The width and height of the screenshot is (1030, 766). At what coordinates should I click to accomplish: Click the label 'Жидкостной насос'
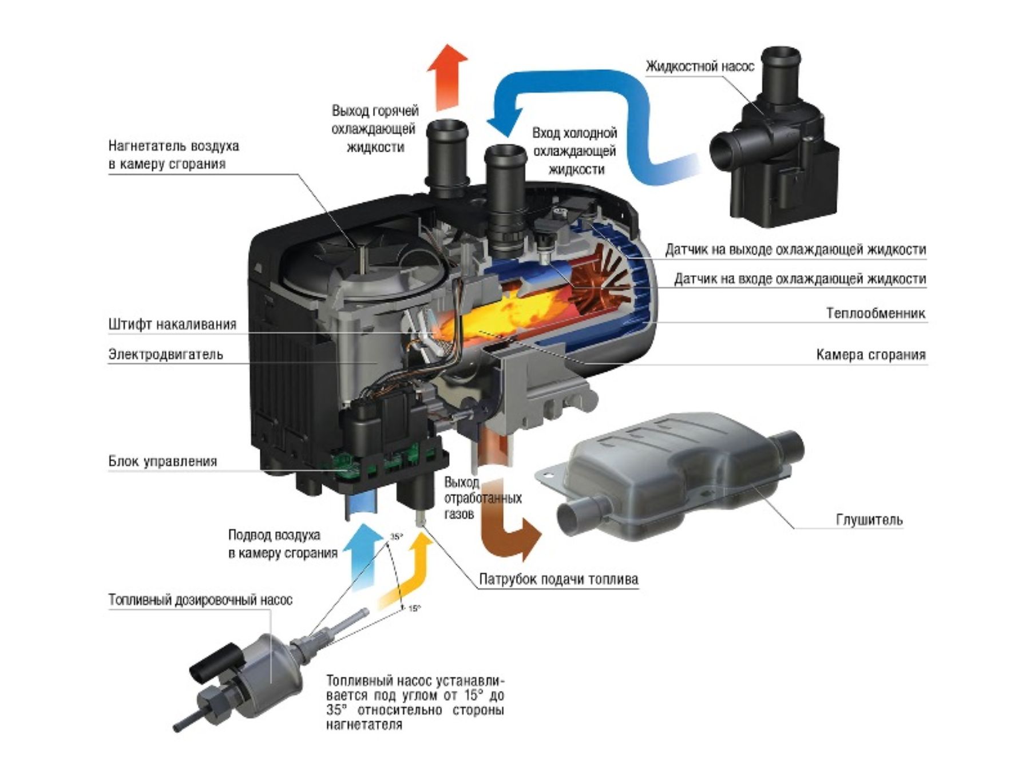[700, 67]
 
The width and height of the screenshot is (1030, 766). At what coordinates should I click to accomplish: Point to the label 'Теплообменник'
[875, 313]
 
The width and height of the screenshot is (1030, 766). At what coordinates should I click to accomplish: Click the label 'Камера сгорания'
[870, 355]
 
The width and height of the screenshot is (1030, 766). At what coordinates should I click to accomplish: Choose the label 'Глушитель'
[869, 520]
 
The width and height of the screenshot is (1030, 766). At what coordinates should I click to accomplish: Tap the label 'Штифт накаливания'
[172, 324]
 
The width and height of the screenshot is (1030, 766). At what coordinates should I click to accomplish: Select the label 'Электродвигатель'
[166, 355]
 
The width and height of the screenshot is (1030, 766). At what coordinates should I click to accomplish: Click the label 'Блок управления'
[163, 462]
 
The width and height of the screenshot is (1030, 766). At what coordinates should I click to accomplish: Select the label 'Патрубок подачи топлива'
[558, 580]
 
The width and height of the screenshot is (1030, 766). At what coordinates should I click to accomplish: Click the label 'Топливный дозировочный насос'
[200, 600]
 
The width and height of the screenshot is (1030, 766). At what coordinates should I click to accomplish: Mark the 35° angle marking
[397, 537]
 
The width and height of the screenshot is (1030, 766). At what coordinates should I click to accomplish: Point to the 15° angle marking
[414, 608]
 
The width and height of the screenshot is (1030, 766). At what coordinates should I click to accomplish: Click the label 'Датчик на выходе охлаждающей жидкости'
[795, 250]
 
